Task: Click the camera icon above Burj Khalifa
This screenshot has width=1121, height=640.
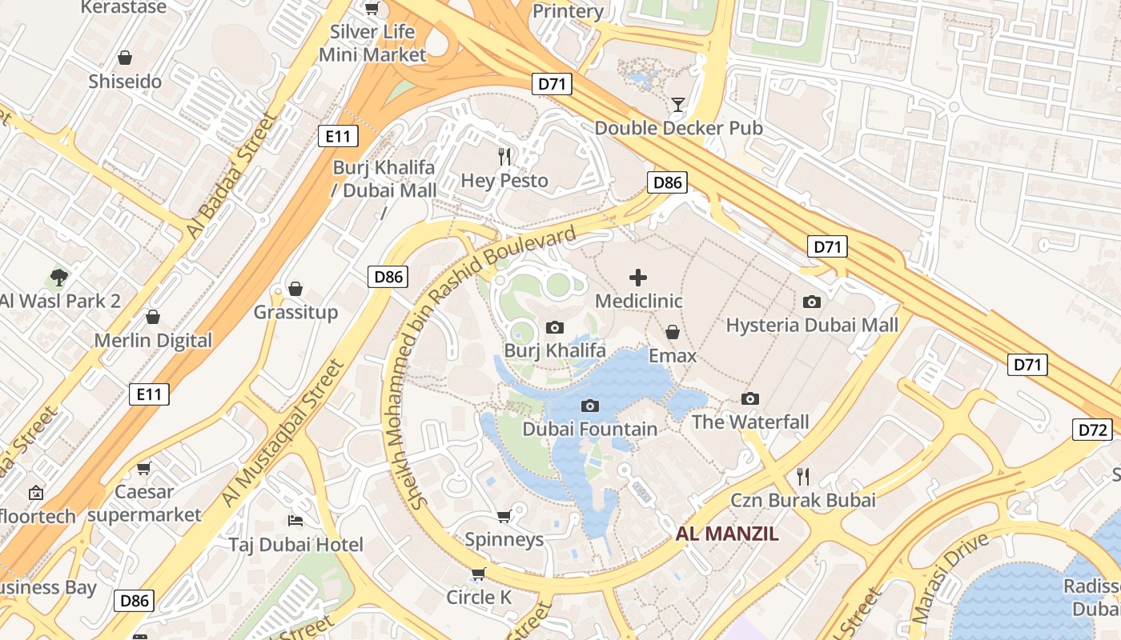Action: [x=554, y=327]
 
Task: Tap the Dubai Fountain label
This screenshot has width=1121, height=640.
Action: [x=589, y=429]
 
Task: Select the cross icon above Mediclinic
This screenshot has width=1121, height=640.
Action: [x=638, y=278]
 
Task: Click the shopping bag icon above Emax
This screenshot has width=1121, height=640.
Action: [x=673, y=332]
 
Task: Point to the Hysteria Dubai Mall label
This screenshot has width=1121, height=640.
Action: [x=812, y=325]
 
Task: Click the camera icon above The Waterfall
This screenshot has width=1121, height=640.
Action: [x=750, y=398]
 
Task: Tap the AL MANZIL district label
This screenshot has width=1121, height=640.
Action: [x=727, y=534]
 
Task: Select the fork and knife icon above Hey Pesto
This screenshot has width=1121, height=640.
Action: [x=504, y=157]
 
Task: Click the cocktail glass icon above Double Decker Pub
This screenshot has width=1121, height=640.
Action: [x=678, y=104]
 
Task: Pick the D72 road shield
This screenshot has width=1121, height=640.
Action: [x=1092, y=430]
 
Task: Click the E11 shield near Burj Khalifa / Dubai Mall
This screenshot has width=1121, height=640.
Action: [x=338, y=137]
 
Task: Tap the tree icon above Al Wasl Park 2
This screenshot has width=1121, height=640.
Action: [x=58, y=278]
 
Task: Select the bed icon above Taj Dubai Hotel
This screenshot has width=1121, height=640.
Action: [x=295, y=521]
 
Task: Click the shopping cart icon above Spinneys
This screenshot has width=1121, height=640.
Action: [x=504, y=516]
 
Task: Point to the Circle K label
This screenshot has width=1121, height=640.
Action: [x=478, y=597]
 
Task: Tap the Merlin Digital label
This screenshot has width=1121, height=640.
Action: [x=153, y=340]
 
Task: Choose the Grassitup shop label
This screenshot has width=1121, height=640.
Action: [x=295, y=312]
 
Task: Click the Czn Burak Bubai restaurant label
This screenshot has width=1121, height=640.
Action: [x=803, y=500]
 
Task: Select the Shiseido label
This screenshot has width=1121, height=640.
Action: [x=125, y=81]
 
